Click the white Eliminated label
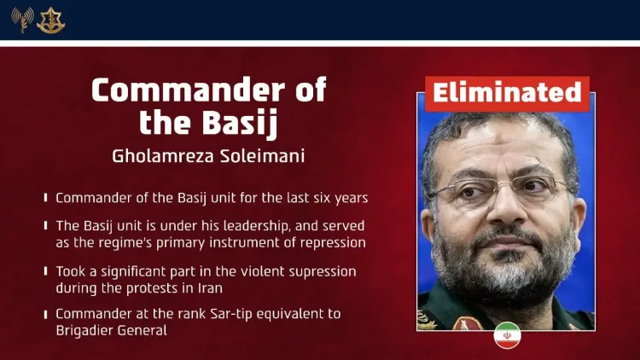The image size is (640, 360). coord(507,92)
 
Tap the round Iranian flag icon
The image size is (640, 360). coord(507,334)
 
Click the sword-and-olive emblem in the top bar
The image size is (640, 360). coord(51,20)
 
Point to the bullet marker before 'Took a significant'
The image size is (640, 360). coord(45,271)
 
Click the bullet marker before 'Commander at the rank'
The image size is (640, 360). coord(45,314)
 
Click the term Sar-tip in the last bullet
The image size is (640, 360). coord(211,314)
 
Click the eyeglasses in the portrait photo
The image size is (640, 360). coord(503,189)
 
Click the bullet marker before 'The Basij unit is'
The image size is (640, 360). coord(45,227)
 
